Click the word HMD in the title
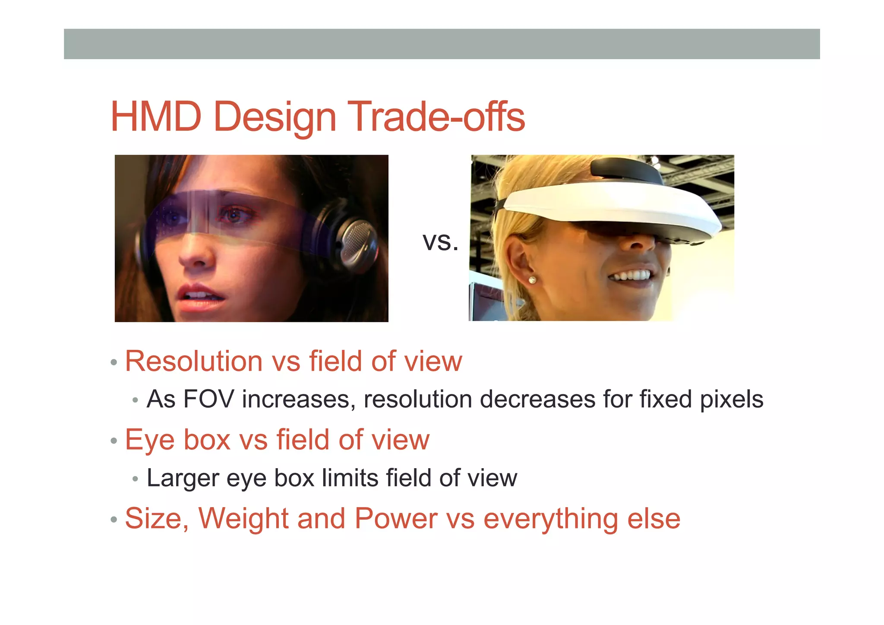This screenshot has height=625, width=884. (x=156, y=116)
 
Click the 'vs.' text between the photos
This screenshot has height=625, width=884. (x=440, y=242)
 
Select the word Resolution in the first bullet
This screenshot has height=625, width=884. (x=193, y=361)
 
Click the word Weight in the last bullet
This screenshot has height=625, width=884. (x=243, y=519)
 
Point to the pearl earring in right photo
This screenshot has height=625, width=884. (x=532, y=280)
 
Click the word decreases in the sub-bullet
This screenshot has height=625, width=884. (x=538, y=399)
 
